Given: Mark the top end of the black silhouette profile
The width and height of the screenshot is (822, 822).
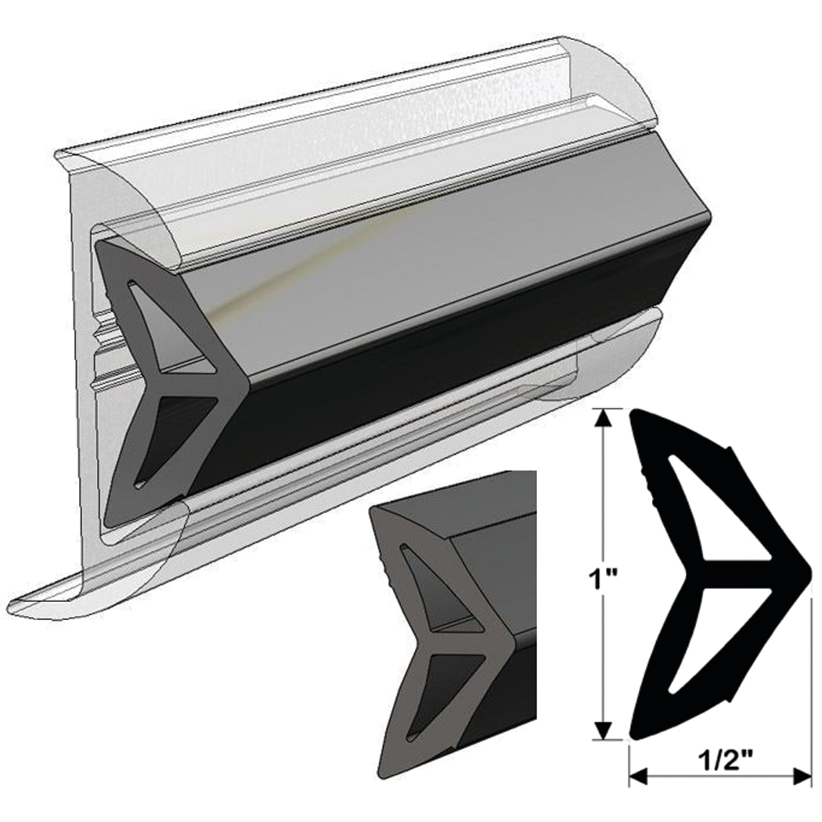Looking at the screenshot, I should pos(638,415).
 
